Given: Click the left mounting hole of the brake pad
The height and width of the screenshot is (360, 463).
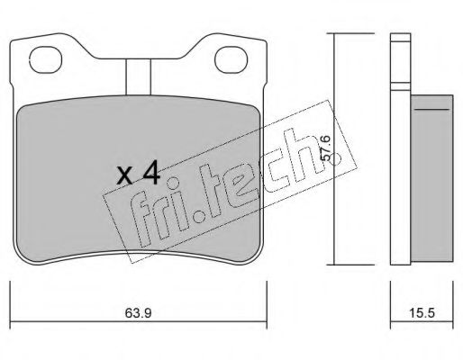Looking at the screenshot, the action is click(x=46, y=59).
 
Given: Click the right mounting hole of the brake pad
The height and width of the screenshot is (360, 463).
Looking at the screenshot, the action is click(x=231, y=59).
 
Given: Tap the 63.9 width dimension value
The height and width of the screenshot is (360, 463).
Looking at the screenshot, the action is click(x=138, y=313).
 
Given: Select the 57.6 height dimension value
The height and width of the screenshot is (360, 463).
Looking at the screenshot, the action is click(x=325, y=148).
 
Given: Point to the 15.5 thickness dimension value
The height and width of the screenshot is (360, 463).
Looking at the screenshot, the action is click(x=422, y=313).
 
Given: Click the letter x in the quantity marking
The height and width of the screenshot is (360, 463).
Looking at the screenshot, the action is click(x=124, y=176).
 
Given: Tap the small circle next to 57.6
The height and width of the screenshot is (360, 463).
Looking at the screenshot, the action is click(x=335, y=160).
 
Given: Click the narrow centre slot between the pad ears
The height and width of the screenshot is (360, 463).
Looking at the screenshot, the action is click(x=138, y=77).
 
